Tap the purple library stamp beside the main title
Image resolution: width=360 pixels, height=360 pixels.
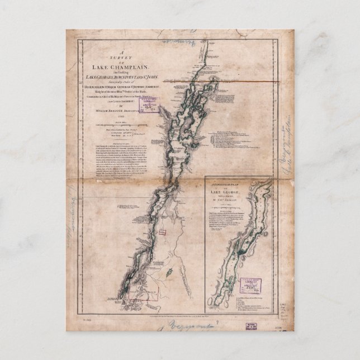(149, 106)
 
